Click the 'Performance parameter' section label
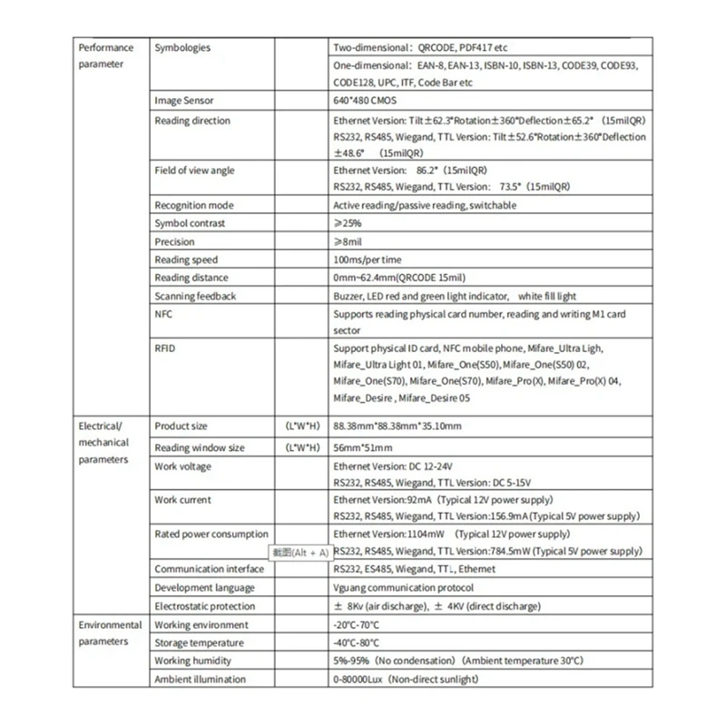tap(106, 55)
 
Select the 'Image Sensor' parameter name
tap(184, 101)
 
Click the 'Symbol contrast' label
tap(190, 223)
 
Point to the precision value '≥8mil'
tap(349, 241)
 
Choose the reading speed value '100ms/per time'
tap(368, 260)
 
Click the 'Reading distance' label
tap(191, 278)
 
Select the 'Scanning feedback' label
tap(195, 296)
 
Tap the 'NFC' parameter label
tap(164, 314)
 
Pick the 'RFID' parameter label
tap(165, 348)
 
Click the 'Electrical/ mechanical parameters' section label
tap(104, 442)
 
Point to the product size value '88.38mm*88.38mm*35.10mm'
tap(398, 426)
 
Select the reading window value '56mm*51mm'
tap(363, 447)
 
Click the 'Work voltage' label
tap(182, 466)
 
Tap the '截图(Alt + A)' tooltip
tap(300, 552)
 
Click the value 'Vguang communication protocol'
tap(404, 587)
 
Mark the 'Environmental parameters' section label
tap(110, 633)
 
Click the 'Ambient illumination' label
tap(200, 679)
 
